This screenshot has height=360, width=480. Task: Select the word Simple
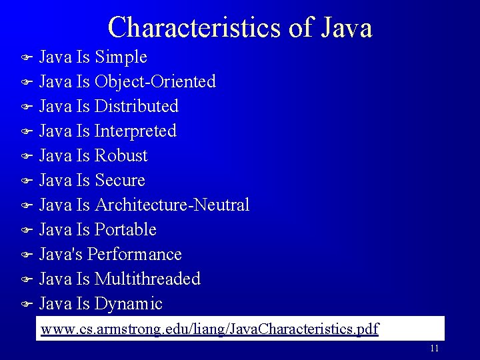121,57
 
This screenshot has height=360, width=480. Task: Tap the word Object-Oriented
155,82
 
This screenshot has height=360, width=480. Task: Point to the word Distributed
137,107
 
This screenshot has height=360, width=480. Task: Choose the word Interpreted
135,131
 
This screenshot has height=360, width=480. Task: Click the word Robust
121,156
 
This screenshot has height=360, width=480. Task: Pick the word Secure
120,181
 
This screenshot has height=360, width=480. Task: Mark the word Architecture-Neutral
172,205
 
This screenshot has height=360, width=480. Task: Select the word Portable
125,230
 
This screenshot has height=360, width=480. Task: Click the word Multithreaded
147,279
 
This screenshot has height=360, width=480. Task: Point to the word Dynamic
129,304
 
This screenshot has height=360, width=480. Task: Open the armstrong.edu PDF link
209,329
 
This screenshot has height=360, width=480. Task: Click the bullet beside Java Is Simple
27,58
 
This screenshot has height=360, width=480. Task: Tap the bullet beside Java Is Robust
27,157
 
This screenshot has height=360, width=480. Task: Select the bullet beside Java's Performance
27,255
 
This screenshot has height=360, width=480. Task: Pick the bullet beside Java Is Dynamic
27,305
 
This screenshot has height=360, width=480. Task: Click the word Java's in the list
61,255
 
